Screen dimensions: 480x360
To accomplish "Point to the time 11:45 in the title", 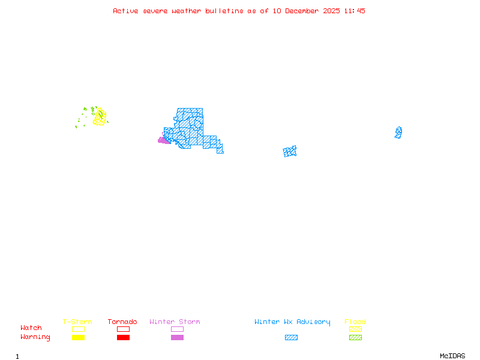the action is click(x=355, y=11).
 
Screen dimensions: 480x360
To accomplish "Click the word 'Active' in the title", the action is click(x=125, y=11).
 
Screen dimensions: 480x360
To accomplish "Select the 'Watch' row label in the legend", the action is click(x=31, y=328).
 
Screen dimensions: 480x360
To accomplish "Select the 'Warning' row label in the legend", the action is click(x=35, y=337).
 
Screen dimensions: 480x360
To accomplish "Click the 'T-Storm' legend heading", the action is click(x=77, y=322).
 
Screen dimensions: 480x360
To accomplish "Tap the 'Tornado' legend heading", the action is click(x=122, y=322).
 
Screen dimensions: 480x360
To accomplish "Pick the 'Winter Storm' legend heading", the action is click(x=175, y=322).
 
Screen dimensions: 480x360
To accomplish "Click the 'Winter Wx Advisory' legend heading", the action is click(x=292, y=322).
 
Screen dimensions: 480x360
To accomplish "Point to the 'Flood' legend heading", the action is click(x=355, y=322).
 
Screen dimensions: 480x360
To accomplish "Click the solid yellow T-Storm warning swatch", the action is click(x=78, y=337).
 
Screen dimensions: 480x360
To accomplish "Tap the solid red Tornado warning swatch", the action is click(x=123, y=337).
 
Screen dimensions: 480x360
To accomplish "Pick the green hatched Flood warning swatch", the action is click(x=355, y=337).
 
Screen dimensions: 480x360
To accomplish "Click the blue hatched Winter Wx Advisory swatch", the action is click(x=291, y=337).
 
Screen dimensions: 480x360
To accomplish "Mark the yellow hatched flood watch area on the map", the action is click(x=100, y=116).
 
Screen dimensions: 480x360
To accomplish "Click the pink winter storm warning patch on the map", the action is click(x=163, y=140).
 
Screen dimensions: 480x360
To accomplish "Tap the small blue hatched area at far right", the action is click(x=398, y=132).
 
